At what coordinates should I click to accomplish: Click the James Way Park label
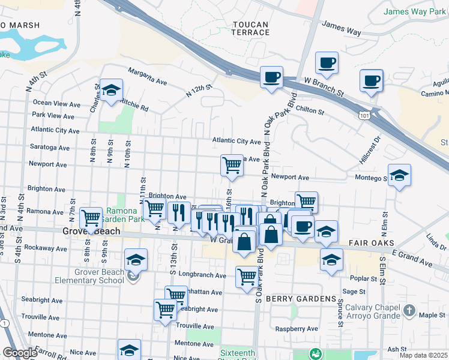tap(414, 11)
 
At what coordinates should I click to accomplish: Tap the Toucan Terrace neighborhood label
tap(250, 29)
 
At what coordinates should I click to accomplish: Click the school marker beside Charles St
tap(111, 91)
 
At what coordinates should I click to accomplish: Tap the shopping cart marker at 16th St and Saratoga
tap(232, 165)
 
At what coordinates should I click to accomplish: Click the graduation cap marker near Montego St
tap(399, 176)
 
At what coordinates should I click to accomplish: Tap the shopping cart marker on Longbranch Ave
tap(247, 277)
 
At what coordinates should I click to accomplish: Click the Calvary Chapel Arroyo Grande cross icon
tap(409, 310)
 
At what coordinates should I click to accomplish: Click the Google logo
tap(20, 353)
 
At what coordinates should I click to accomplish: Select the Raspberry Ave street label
tap(296, 329)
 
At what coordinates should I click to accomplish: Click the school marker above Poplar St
tap(331, 260)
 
